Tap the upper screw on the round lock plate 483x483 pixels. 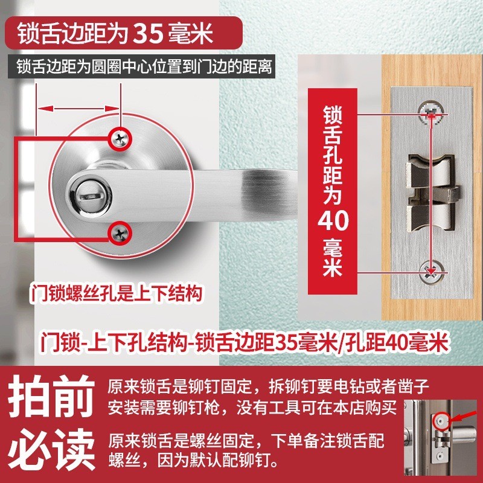point(120,138)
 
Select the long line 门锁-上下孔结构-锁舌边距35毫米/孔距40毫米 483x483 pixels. point(241,344)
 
